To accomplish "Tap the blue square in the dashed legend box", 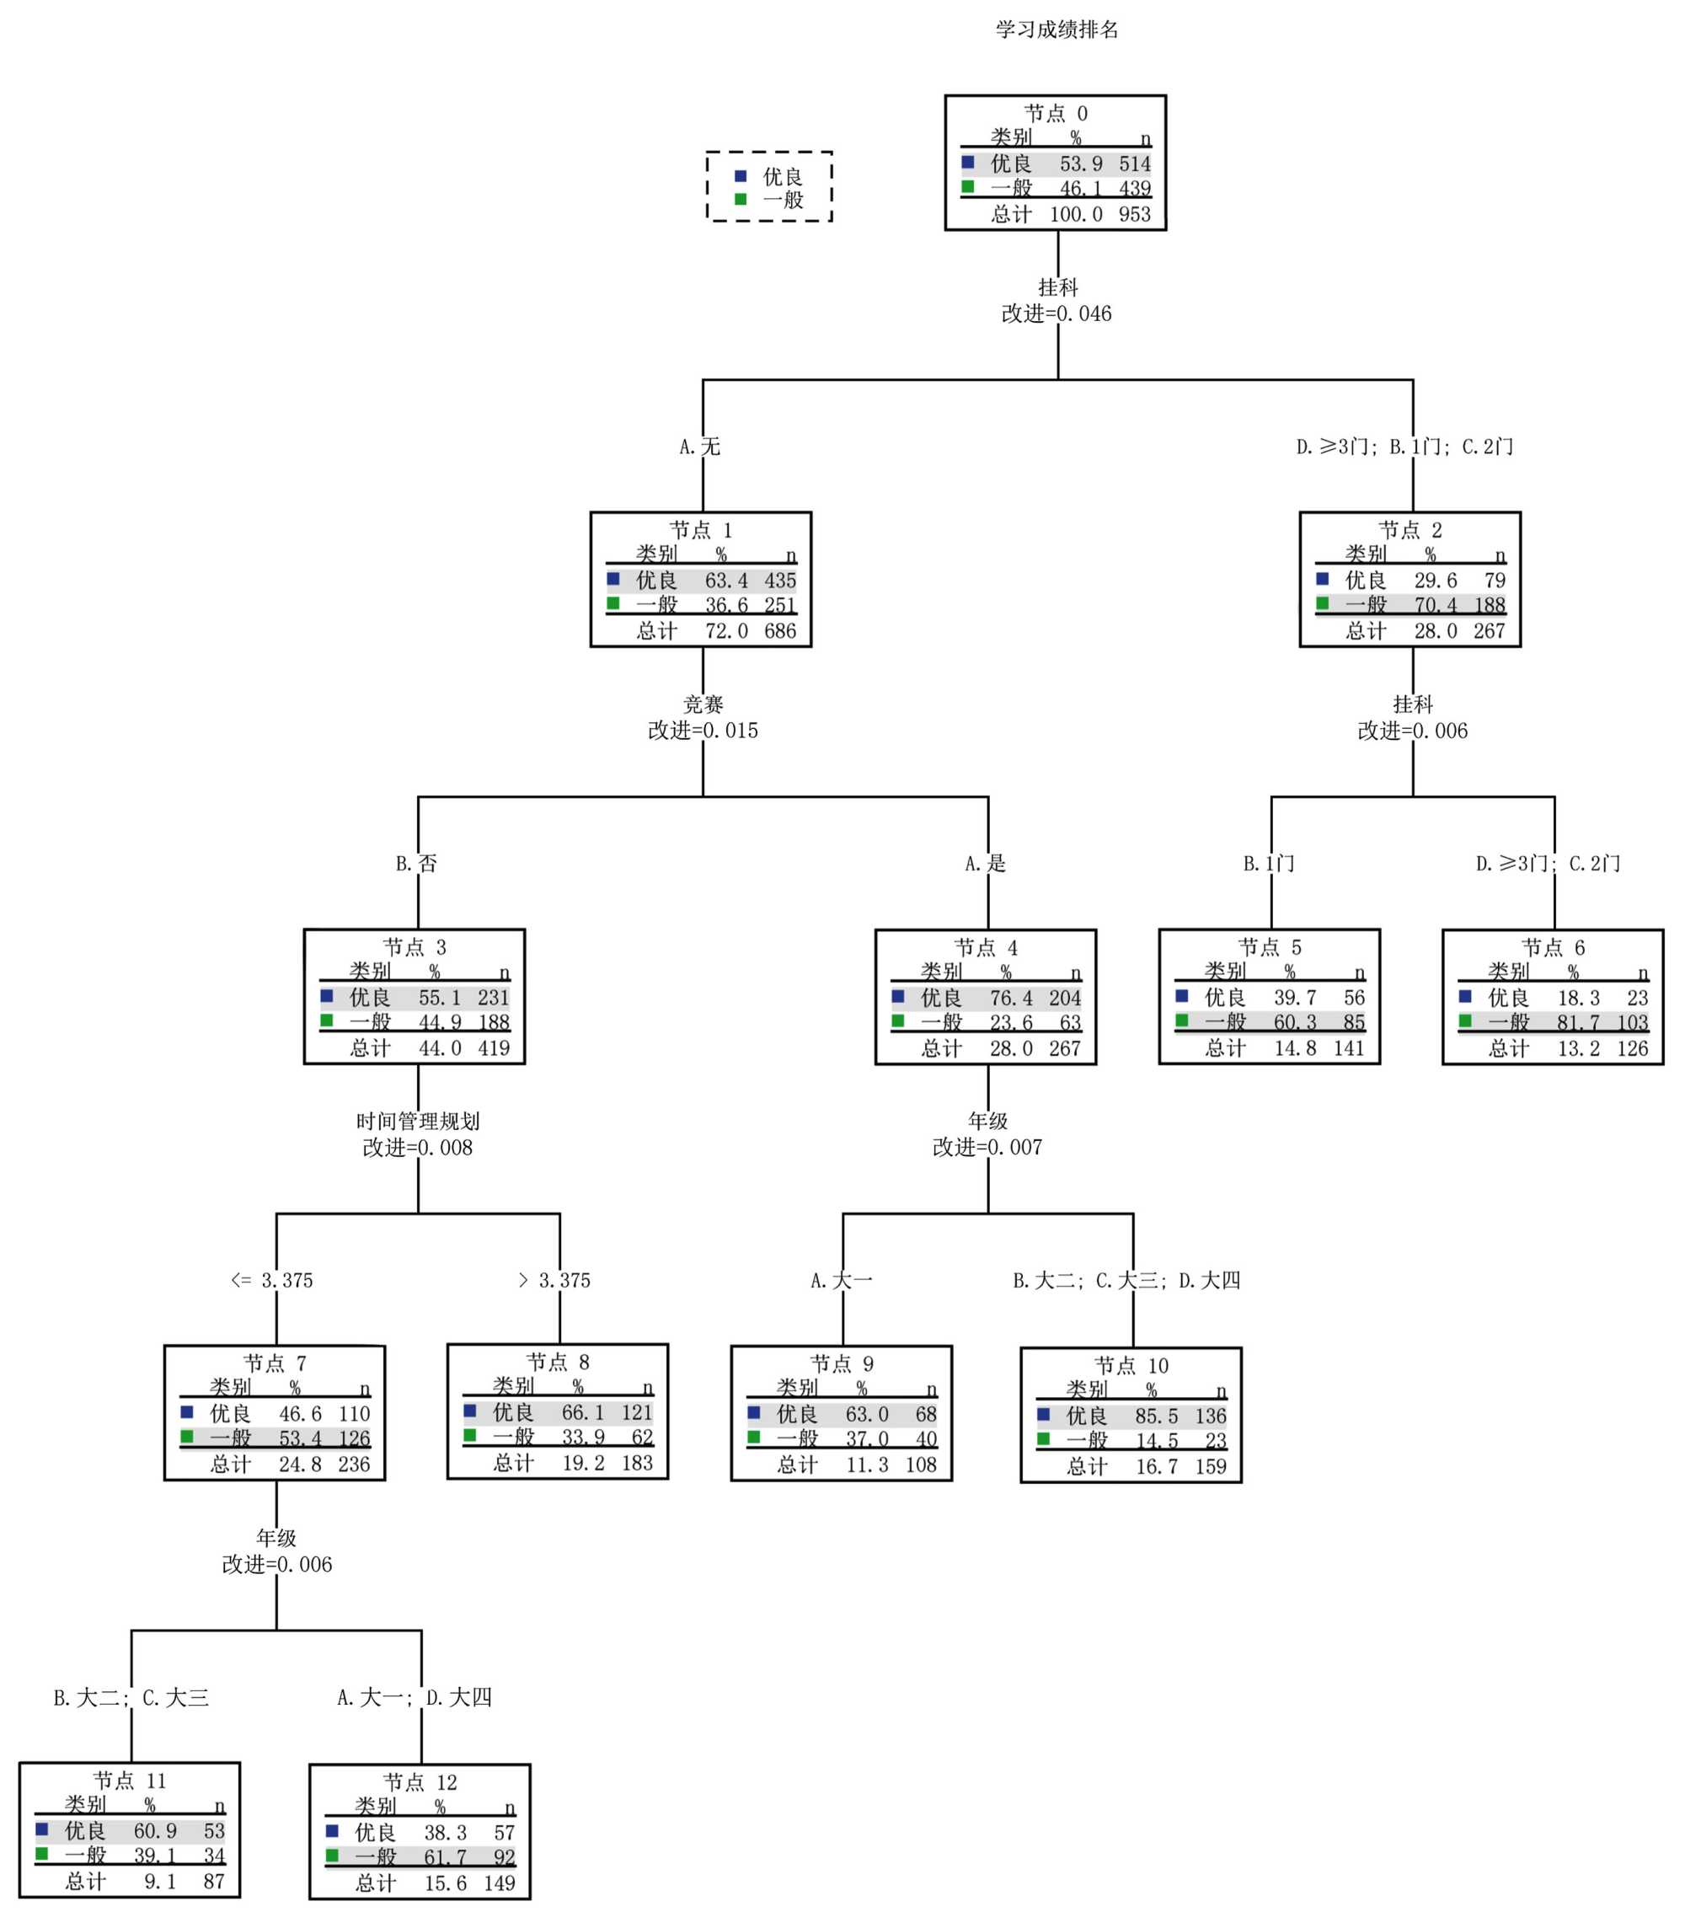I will [741, 176].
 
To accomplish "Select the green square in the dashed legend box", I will [741, 199].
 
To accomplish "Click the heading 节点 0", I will [1056, 114].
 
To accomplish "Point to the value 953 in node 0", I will [1134, 214].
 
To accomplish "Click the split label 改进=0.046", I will [1056, 314].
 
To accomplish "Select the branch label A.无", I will [700, 447].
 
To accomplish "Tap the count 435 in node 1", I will [780, 581].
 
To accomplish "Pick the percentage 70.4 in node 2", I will [1436, 605].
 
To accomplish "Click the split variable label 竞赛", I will [703, 704].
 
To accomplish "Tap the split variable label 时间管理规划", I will [418, 1121].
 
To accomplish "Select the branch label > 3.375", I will [554, 1281].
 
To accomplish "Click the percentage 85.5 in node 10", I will [1157, 1417].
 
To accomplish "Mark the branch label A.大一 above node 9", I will [842, 1281].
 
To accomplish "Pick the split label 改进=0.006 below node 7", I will [277, 1564].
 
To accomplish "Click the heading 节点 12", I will [420, 1782].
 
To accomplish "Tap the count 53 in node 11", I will [214, 1830].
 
